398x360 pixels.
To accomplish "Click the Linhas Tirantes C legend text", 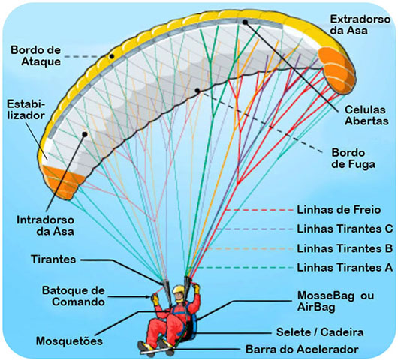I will [x=346, y=227].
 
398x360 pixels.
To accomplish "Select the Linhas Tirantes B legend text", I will [x=346, y=247].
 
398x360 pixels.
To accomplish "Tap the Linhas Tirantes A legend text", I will [x=346, y=266].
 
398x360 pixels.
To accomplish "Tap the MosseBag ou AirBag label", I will [x=334, y=301].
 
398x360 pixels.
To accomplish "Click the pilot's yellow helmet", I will [x=179, y=290].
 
